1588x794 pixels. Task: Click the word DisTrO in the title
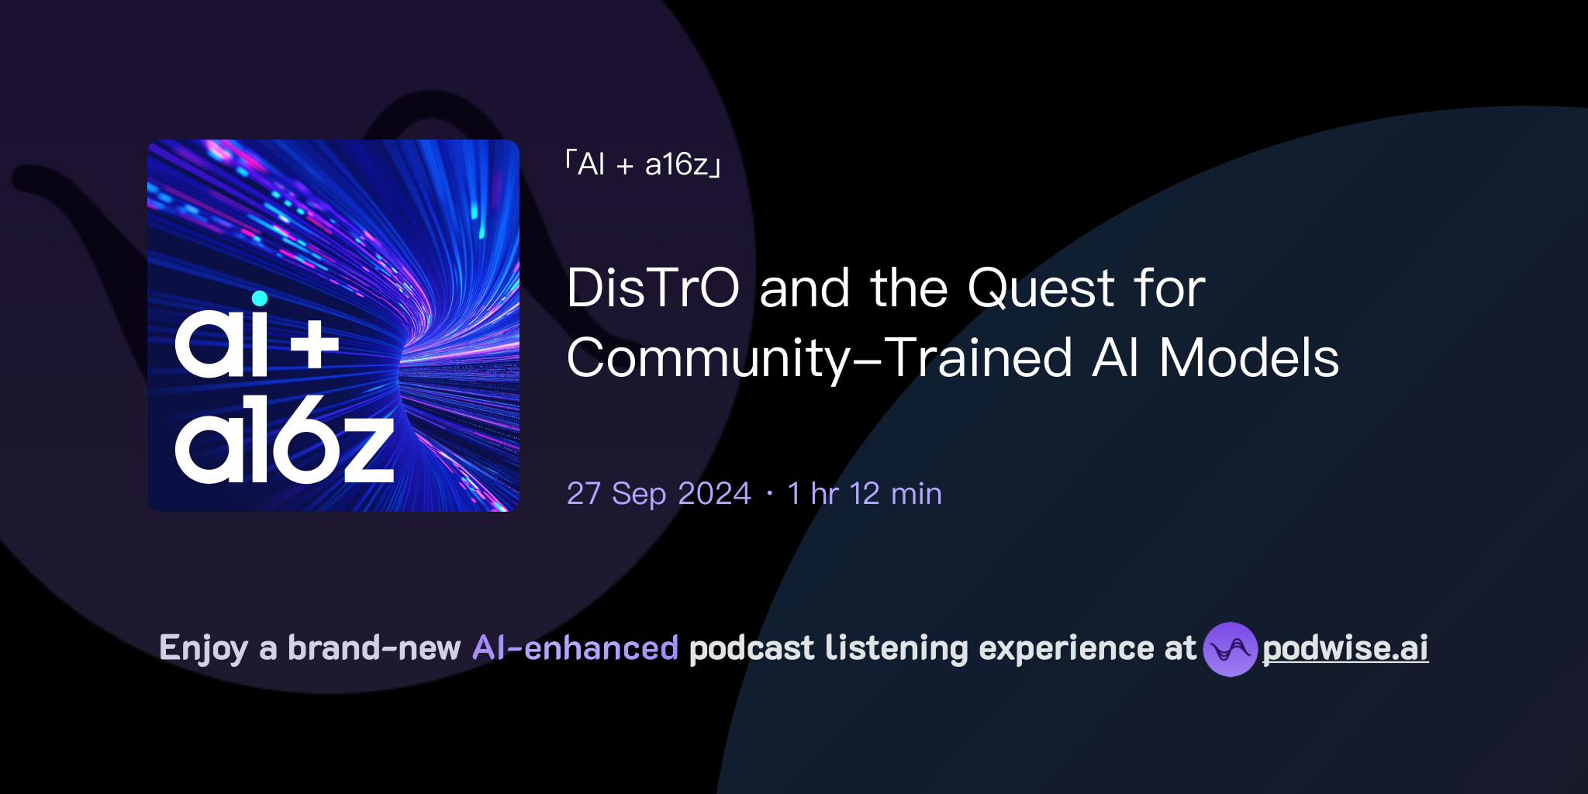(653, 288)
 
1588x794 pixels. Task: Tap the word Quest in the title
(1041, 288)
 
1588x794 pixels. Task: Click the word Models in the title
(1248, 358)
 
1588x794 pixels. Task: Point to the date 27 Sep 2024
(659, 494)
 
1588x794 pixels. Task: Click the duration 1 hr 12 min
(865, 494)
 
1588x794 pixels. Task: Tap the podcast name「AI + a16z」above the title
(644, 164)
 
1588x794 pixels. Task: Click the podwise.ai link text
(1345, 648)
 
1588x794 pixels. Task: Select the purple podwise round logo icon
(1230, 649)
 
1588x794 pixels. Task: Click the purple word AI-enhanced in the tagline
(575, 648)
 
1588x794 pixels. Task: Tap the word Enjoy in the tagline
(204, 648)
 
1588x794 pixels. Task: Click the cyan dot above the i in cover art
(260, 299)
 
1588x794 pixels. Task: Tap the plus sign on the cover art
(315, 346)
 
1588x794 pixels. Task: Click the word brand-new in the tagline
(374, 648)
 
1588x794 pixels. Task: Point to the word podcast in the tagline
(751, 648)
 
